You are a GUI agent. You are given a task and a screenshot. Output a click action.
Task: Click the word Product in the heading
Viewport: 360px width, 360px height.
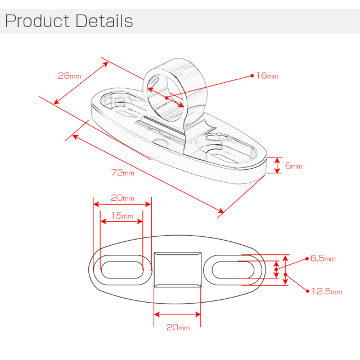click(x=37, y=21)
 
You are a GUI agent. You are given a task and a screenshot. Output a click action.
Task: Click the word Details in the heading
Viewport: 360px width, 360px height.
click(x=104, y=21)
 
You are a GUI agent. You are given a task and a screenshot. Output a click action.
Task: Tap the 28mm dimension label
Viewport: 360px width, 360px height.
click(x=70, y=75)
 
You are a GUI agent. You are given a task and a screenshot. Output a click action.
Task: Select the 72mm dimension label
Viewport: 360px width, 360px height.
click(x=123, y=173)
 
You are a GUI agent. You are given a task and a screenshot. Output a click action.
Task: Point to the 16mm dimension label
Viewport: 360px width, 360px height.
click(x=267, y=75)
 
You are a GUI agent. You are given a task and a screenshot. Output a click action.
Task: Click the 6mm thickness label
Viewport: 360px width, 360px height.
click(x=294, y=165)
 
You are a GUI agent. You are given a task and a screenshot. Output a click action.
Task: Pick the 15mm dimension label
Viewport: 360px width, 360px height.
click(x=122, y=215)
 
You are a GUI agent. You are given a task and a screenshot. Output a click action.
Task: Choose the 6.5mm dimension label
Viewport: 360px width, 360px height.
click(x=323, y=259)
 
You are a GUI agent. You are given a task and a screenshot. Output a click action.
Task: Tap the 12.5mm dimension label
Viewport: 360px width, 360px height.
click(x=327, y=291)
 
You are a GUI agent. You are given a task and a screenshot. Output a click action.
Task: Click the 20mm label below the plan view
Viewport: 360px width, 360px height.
click(x=178, y=327)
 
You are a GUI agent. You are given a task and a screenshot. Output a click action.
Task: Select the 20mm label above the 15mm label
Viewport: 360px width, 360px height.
click(x=123, y=197)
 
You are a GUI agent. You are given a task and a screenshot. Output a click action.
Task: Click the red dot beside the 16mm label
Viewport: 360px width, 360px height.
click(x=252, y=75)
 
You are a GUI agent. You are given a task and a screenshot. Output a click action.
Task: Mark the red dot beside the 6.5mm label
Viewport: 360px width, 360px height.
click(x=307, y=259)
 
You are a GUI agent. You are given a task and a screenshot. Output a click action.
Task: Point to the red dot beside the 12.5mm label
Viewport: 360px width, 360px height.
click(x=308, y=291)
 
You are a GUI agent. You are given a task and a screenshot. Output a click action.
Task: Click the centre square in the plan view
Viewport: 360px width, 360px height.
click(x=178, y=269)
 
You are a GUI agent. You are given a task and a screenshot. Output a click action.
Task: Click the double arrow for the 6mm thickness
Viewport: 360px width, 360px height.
click(x=277, y=165)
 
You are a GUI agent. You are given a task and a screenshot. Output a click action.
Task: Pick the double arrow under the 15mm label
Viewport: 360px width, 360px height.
click(x=121, y=221)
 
